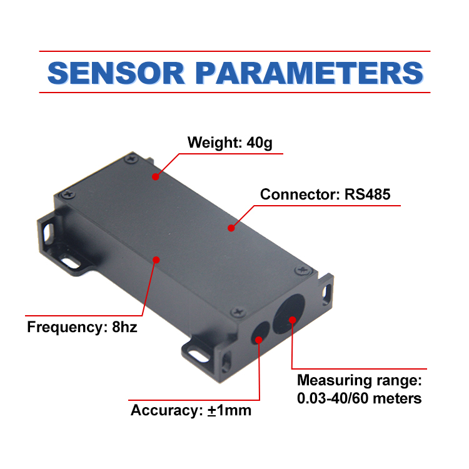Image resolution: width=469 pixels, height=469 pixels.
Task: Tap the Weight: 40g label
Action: (x=230, y=143)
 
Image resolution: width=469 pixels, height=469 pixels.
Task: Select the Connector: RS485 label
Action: (x=325, y=194)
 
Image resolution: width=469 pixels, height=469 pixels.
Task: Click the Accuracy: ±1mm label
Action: (x=191, y=411)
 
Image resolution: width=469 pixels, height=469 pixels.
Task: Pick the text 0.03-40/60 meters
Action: (x=359, y=398)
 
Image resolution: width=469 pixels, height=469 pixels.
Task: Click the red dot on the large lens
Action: (x=292, y=321)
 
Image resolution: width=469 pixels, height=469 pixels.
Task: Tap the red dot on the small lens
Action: (x=258, y=338)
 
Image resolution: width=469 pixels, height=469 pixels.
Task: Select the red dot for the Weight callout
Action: (x=154, y=177)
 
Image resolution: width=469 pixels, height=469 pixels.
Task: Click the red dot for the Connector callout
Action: (x=231, y=228)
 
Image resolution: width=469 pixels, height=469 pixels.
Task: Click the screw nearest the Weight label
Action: (x=131, y=160)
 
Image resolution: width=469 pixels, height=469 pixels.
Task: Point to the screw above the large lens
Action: (x=303, y=270)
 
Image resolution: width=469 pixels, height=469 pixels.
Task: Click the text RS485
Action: (x=367, y=194)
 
